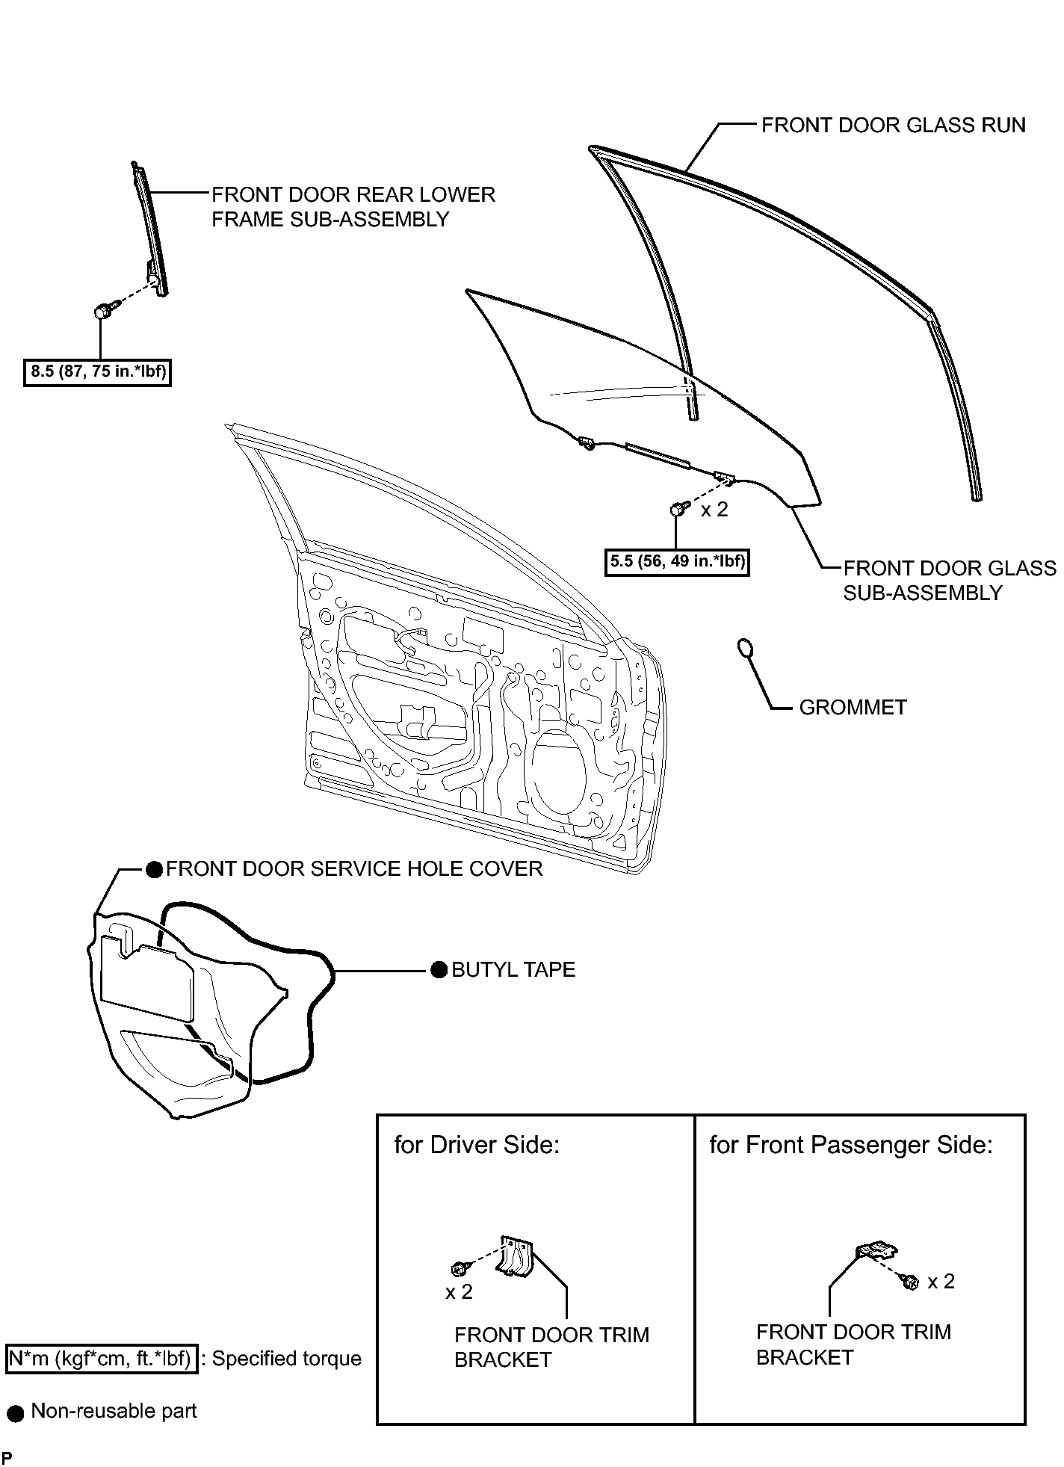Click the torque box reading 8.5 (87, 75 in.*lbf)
click(x=98, y=371)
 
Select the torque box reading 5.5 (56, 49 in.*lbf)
click(x=677, y=561)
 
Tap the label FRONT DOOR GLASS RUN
click(x=894, y=125)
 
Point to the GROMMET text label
click(x=853, y=707)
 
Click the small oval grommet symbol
click(x=746, y=649)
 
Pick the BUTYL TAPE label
click(x=513, y=969)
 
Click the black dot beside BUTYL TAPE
click(x=439, y=970)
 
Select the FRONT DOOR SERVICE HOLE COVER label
click(x=354, y=868)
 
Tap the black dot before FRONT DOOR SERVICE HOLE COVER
click(x=154, y=869)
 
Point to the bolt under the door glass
click(x=677, y=509)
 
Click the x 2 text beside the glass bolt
click(x=714, y=510)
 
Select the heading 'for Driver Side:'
click(x=477, y=1146)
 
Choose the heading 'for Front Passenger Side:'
click(x=851, y=1146)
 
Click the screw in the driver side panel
click(x=459, y=1267)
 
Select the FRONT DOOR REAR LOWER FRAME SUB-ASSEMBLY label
click(x=353, y=207)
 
